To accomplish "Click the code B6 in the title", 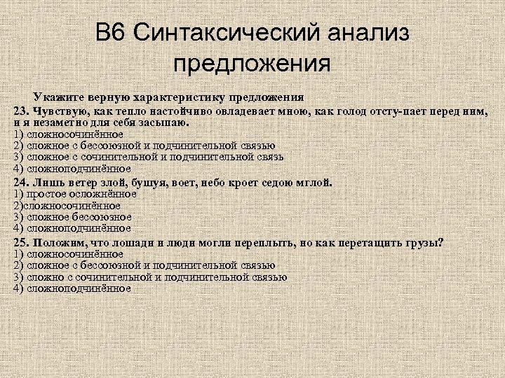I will pyautogui.click(x=112, y=33).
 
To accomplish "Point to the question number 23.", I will pyautogui.click(x=21, y=111).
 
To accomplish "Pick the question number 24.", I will pyautogui.click(x=21, y=182).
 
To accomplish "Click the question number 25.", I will pyautogui.click(x=21, y=242).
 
